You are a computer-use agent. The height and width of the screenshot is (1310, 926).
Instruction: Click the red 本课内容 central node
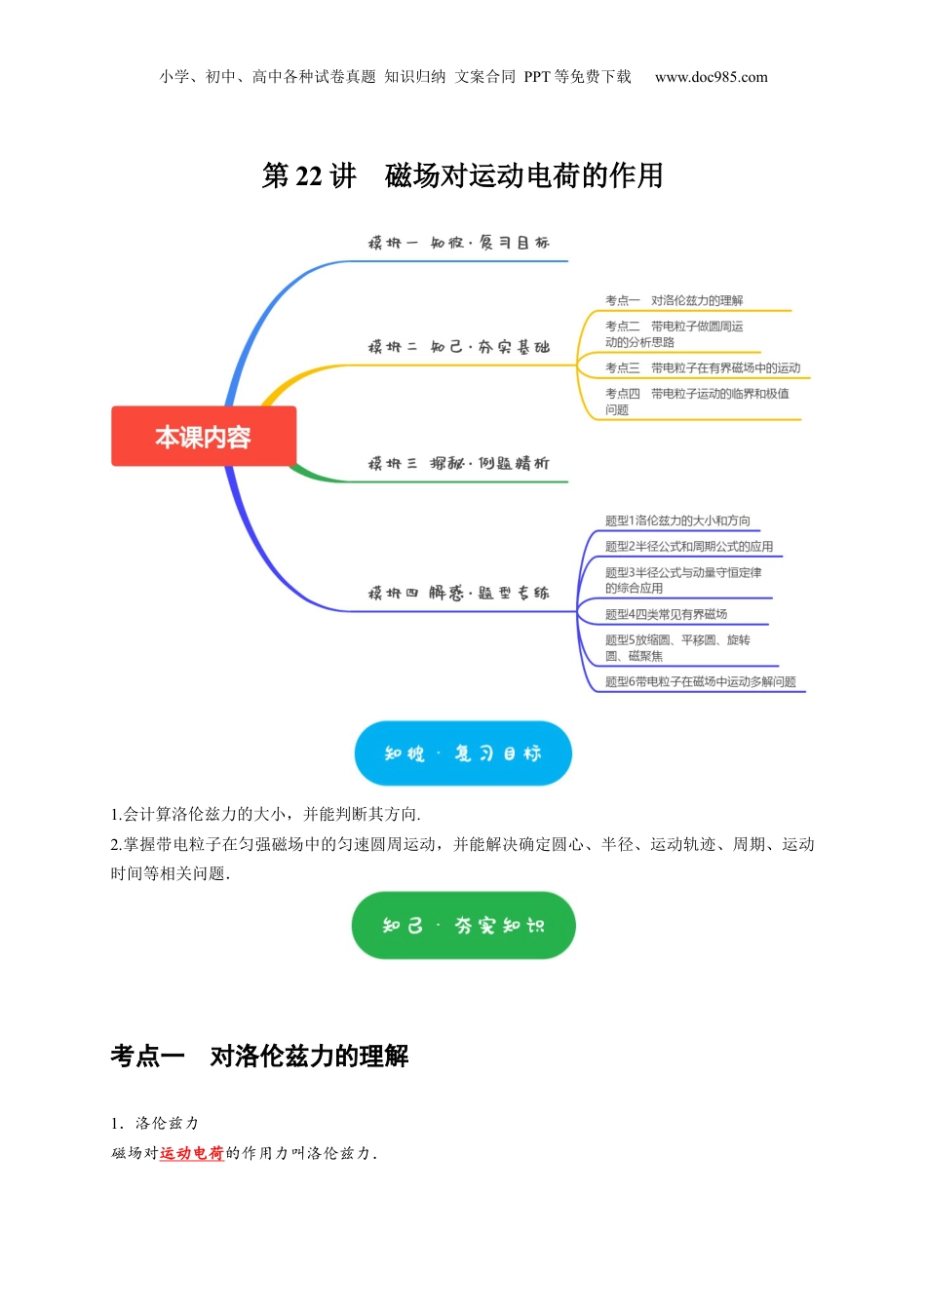pos(203,437)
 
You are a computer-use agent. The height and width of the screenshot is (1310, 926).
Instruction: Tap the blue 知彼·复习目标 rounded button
pos(462,753)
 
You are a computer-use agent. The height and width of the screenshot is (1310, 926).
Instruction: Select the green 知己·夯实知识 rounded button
pos(463,925)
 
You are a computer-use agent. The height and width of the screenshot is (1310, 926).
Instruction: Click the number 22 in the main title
pos(308,175)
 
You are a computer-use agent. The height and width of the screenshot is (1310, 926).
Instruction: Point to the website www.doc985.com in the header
pos(711,77)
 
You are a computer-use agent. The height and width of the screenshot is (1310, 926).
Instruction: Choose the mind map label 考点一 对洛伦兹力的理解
pos(674,300)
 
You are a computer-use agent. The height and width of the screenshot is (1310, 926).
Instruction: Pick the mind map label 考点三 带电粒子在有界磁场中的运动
pos(702,367)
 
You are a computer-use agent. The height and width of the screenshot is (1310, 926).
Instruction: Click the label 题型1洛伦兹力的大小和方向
pos(677,520)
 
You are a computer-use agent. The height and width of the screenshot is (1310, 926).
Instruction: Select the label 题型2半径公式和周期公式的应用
pos(688,546)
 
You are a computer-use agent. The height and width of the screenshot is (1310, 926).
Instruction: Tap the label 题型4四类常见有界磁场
pos(666,614)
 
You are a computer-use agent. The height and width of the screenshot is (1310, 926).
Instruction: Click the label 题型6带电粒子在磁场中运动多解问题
pos(700,681)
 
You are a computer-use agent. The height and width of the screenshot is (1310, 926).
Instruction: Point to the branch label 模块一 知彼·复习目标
pos(458,243)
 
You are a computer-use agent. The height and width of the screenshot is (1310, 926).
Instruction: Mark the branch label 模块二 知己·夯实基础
pos(458,347)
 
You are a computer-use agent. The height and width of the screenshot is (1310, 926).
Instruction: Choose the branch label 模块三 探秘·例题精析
pos(458,463)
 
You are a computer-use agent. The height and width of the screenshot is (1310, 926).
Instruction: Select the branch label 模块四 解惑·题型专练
pos(458,593)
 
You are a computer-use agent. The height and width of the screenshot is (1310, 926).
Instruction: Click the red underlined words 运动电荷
pos(191,1153)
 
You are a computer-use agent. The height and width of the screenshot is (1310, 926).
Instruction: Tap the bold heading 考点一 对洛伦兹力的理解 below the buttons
pos(259,1056)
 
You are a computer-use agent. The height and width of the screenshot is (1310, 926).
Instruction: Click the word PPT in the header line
pos(537,77)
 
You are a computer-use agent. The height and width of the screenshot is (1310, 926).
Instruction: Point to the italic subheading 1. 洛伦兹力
pos(155,1123)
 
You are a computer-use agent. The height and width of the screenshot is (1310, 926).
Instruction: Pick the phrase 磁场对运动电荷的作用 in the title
pos(523,175)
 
